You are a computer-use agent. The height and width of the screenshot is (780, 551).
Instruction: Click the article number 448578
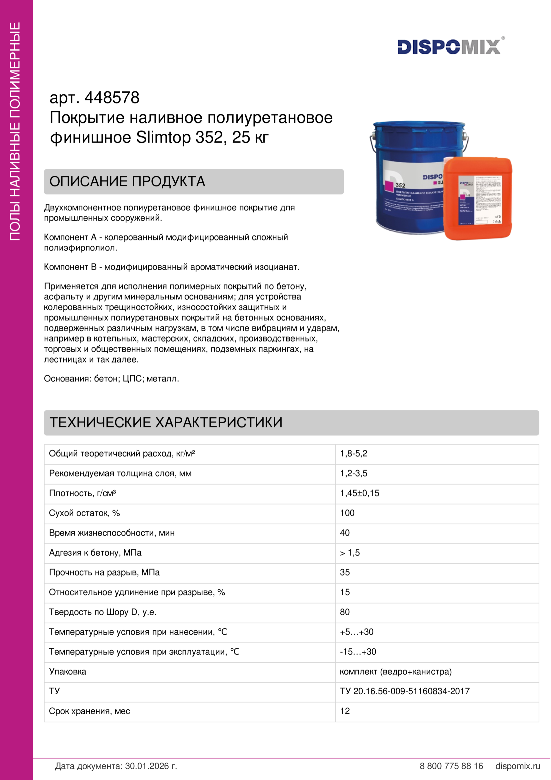click(x=112, y=98)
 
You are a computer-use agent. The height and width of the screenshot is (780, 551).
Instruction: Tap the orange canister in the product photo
click(x=478, y=199)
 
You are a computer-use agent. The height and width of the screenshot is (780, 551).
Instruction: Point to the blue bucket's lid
click(x=419, y=128)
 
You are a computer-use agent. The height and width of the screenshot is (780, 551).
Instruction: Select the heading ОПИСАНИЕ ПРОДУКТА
click(x=127, y=181)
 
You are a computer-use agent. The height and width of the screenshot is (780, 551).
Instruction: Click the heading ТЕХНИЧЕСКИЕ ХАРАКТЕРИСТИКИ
click(x=166, y=422)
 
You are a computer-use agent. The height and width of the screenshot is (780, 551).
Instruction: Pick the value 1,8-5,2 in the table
click(x=353, y=454)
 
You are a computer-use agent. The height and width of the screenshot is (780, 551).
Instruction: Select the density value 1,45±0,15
click(x=360, y=493)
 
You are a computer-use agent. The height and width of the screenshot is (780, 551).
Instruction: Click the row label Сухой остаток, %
click(x=84, y=513)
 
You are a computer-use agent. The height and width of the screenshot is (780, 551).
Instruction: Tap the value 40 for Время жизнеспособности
click(x=345, y=533)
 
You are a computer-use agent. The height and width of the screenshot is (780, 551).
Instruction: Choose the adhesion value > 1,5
click(x=350, y=553)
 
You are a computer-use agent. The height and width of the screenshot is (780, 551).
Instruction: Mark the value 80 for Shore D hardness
click(x=345, y=612)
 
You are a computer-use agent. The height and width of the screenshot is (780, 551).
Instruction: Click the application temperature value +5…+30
click(x=356, y=632)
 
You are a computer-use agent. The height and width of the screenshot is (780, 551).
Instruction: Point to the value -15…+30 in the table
click(x=358, y=652)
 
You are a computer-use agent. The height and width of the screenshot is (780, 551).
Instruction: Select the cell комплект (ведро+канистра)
click(x=396, y=672)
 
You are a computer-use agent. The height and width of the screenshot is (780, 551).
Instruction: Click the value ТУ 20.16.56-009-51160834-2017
click(x=405, y=691)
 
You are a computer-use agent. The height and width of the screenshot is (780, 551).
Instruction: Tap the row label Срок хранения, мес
click(x=89, y=711)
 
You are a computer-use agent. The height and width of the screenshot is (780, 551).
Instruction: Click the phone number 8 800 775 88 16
click(x=451, y=766)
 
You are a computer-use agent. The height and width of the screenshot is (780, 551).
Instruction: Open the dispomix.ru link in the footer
click(x=517, y=766)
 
